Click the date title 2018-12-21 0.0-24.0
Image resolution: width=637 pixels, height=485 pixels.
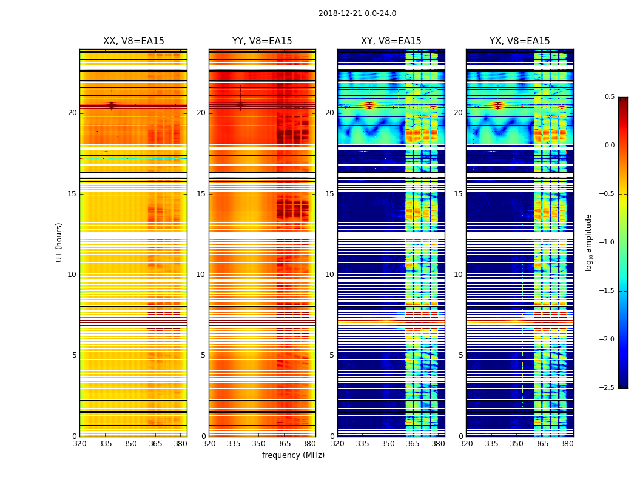pyautogui.click(x=357, y=13)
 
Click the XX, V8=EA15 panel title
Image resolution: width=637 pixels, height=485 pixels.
pyautogui.click(x=133, y=41)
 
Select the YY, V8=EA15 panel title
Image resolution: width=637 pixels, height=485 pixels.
pyautogui.click(x=262, y=41)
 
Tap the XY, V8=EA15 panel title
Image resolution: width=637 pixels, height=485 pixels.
pyautogui.click(x=391, y=41)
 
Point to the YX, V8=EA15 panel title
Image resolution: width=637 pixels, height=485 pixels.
pyautogui.click(x=520, y=41)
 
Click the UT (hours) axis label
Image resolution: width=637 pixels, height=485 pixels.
pyautogui.click(x=59, y=242)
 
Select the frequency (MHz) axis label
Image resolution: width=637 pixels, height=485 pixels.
pyautogui.click(x=293, y=455)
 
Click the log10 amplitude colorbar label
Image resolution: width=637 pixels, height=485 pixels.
pyautogui.click(x=589, y=242)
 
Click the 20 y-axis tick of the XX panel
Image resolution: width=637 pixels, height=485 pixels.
pyautogui.click(x=72, y=113)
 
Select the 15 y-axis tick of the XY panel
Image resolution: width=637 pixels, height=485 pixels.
pyautogui.click(x=329, y=193)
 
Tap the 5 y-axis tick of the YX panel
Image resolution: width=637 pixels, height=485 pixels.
pyautogui.click(x=460, y=355)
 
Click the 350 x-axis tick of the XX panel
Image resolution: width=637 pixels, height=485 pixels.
pyautogui.click(x=130, y=443)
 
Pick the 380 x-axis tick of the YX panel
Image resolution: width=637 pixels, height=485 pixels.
pyautogui.click(x=567, y=443)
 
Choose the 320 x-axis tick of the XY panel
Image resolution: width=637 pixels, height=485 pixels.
pyautogui.click(x=337, y=443)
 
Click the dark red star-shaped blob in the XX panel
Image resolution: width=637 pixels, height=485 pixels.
pyautogui.click(x=111, y=105)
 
